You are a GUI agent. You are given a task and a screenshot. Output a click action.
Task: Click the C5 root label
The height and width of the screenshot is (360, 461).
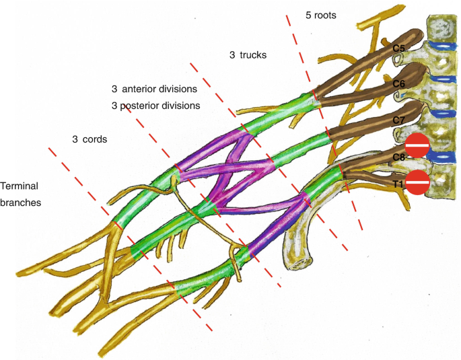pyautogui.click(x=399, y=49)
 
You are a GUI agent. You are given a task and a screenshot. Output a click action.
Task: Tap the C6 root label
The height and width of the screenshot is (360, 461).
pyautogui.click(x=399, y=83)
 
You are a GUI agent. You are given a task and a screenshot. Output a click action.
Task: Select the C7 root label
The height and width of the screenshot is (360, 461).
pyautogui.click(x=399, y=120)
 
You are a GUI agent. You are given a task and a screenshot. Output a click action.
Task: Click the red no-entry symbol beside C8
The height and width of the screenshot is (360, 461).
pyautogui.click(x=417, y=145)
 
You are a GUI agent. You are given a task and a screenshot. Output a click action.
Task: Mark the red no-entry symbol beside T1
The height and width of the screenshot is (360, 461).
pyautogui.click(x=417, y=182)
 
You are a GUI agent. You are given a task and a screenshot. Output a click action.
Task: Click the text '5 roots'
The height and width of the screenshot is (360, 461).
pyautogui.click(x=320, y=14)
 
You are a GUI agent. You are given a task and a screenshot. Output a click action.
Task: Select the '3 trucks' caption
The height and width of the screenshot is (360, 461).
pyautogui.click(x=248, y=55)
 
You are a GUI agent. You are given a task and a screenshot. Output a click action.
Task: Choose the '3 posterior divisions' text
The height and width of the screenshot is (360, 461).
pyautogui.click(x=155, y=106)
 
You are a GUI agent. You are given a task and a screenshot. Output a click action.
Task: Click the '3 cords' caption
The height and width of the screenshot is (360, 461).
pyautogui.click(x=90, y=139)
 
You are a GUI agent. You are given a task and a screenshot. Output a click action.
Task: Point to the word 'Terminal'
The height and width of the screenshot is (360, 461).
pyautogui.click(x=19, y=185)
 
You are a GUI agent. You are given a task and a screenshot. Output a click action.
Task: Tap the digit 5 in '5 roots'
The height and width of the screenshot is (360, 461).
pyautogui.click(x=308, y=14)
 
